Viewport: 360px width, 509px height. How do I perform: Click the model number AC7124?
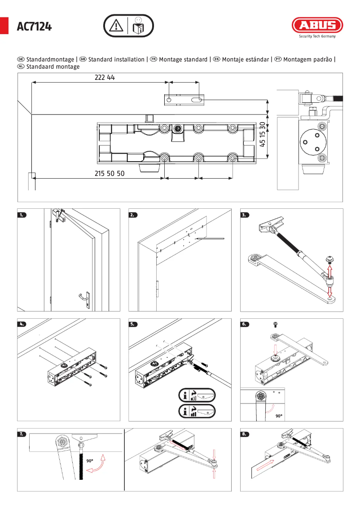(34, 27)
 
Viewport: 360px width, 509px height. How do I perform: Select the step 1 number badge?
(22, 215)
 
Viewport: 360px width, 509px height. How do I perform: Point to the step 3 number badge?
(245, 215)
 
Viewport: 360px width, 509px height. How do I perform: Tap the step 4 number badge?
(22, 324)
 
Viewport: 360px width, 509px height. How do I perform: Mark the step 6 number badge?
(245, 324)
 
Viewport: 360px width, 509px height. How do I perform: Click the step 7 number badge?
(22, 434)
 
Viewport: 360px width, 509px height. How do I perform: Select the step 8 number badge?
(245, 434)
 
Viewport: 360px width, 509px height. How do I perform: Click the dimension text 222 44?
(105, 77)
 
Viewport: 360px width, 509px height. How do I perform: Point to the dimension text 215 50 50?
(110, 173)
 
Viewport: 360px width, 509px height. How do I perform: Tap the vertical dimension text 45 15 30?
(263, 134)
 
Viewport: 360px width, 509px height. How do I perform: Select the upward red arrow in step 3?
(330, 270)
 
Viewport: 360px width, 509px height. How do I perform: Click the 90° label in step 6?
(279, 416)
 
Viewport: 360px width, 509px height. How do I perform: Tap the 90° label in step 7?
(89, 461)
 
